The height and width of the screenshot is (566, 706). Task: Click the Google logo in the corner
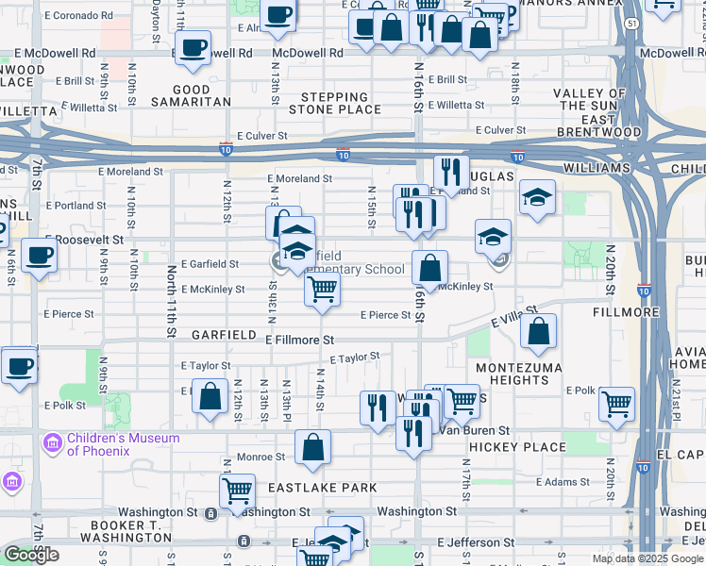coord(31,555)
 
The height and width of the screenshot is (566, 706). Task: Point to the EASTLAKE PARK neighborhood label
coord(322,488)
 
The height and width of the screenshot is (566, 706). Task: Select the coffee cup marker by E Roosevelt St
coord(39,255)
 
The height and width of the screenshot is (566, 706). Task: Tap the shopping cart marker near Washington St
coord(237,489)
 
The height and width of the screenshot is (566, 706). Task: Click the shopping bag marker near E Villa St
coord(538,330)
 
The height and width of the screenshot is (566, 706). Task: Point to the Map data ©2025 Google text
coord(647,558)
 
